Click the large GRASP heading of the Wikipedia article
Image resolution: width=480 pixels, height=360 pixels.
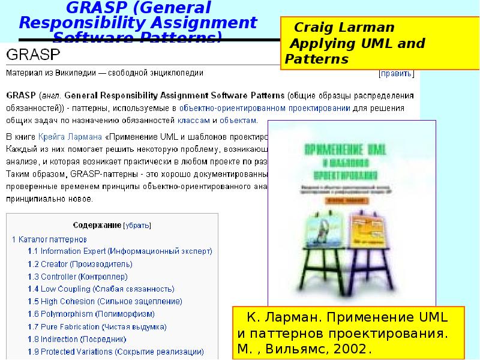pyautogui.click(x=32, y=55)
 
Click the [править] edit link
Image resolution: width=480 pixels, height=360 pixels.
pyautogui.click(x=396, y=74)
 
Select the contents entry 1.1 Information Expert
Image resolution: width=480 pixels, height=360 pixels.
pyautogui.click(x=120, y=251)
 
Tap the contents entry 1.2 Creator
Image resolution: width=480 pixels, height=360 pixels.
pyautogui.click(x=80, y=264)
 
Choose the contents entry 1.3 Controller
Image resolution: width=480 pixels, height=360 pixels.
pyautogui.click(x=78, y=277)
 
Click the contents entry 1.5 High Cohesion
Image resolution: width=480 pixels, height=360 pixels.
pyautogui.click(x=105, y=302)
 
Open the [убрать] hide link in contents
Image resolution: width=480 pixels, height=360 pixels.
pyautogui.click(x=137, y=226)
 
